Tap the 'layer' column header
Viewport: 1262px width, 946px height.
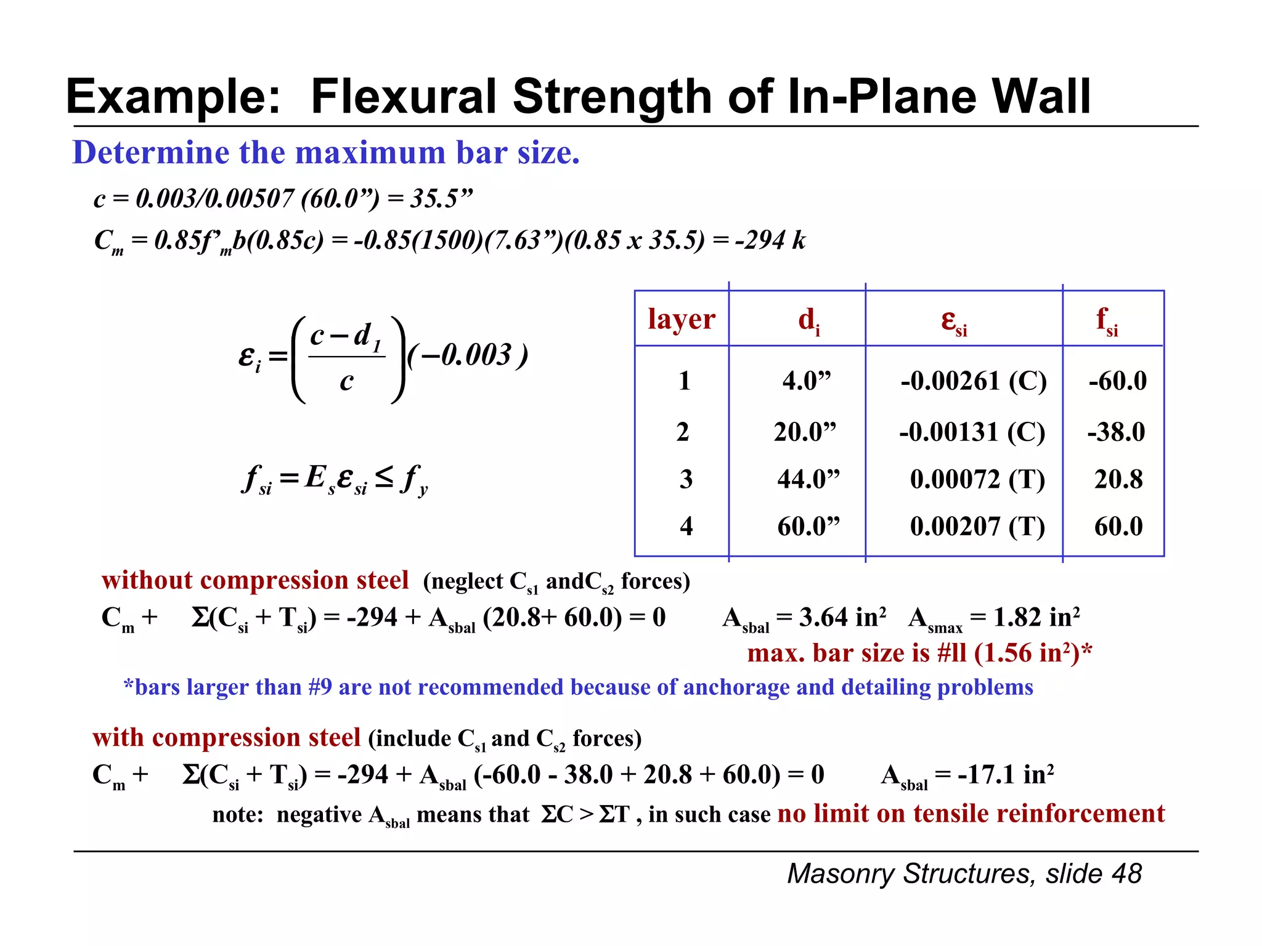681,319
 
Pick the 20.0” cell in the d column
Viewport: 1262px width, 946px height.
805,432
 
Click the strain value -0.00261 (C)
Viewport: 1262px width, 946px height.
973,381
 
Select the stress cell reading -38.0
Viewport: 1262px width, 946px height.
1116,432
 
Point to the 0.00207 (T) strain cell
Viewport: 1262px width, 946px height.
977,527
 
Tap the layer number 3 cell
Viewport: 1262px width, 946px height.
686,479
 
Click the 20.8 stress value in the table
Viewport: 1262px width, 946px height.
1118,479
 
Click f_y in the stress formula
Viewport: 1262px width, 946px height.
413,479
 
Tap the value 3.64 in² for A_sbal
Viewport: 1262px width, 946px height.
842,617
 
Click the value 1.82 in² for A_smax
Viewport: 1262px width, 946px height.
1036,617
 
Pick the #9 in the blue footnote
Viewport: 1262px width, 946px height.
320,687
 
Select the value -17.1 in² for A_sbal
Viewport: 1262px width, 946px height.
1005,775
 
